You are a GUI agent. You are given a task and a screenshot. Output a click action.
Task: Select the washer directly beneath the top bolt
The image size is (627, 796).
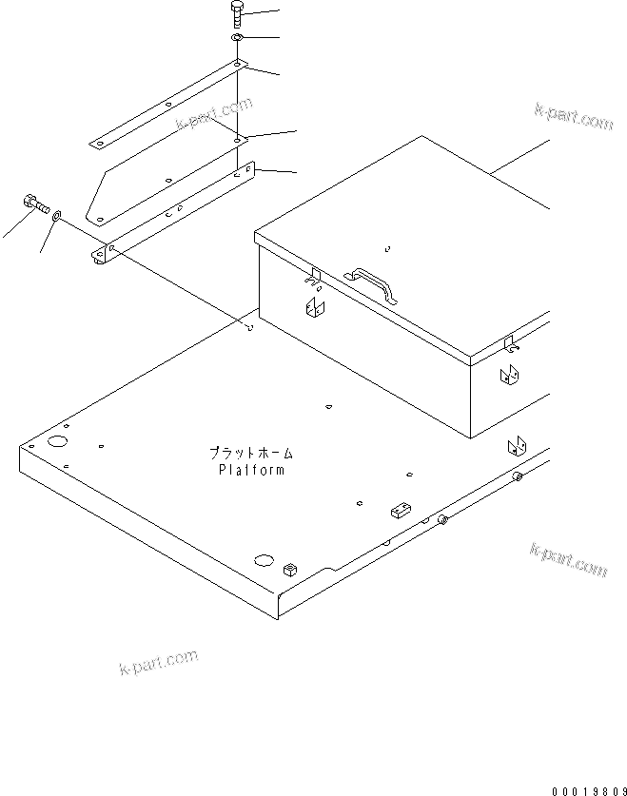point(236,37)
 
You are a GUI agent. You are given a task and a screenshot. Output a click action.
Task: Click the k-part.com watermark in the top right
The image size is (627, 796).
point(574,118)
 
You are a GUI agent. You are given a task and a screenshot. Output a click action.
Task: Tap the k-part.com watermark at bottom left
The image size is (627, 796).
point(158,662)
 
